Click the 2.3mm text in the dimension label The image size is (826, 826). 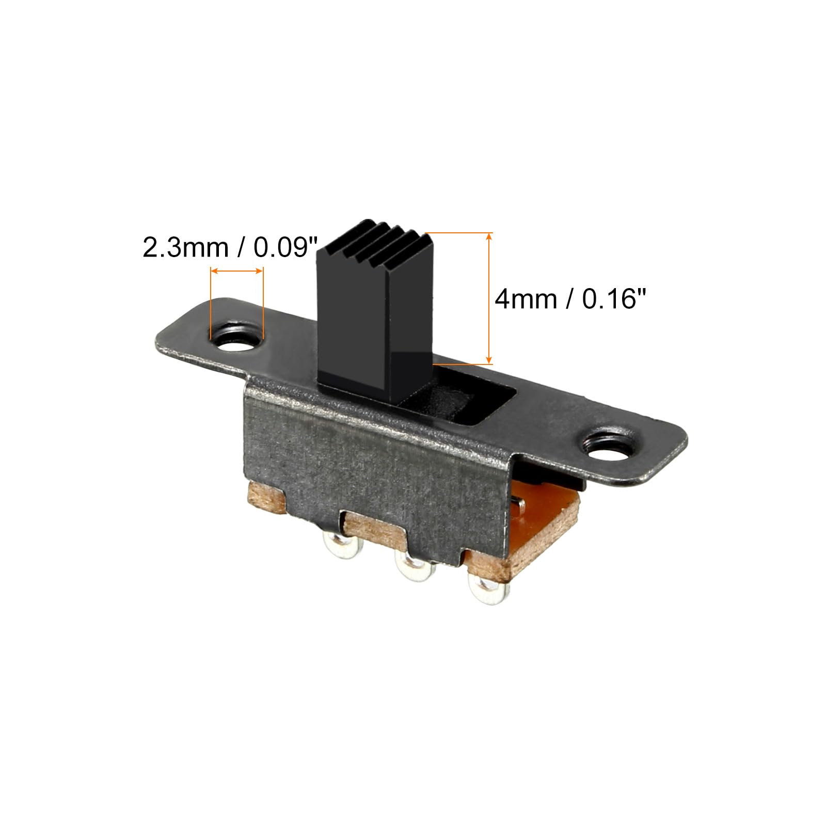pyautogui.click(x=185, y=248)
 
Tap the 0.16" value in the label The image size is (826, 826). pyautogui.click(x=614, y=299)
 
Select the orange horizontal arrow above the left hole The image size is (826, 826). pyautogui.click(x=237, y=271)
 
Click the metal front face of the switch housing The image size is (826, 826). pyautogui.click(x=372, y=465)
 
